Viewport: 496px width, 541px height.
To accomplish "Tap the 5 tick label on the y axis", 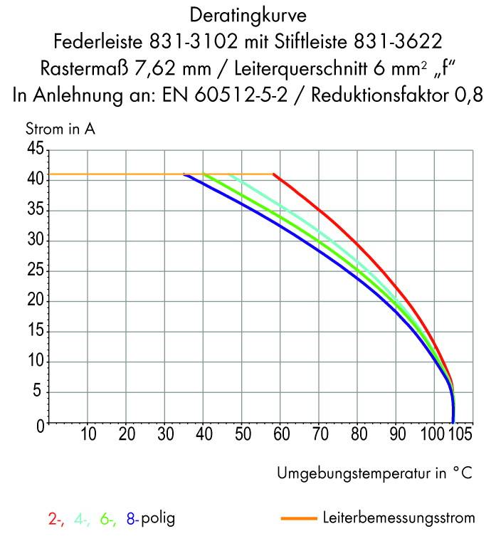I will tap(39, 393).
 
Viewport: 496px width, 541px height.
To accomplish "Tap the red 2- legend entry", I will tap(56, 520).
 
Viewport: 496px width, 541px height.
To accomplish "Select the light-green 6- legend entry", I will tap(108, 520).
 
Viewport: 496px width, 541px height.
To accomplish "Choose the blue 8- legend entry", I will tap(132, 520).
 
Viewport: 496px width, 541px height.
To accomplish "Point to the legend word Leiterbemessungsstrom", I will tap(398, 518).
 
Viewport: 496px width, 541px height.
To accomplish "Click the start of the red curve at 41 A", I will tap(274, 174).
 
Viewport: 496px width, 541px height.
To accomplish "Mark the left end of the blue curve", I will tap(185, 175).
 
